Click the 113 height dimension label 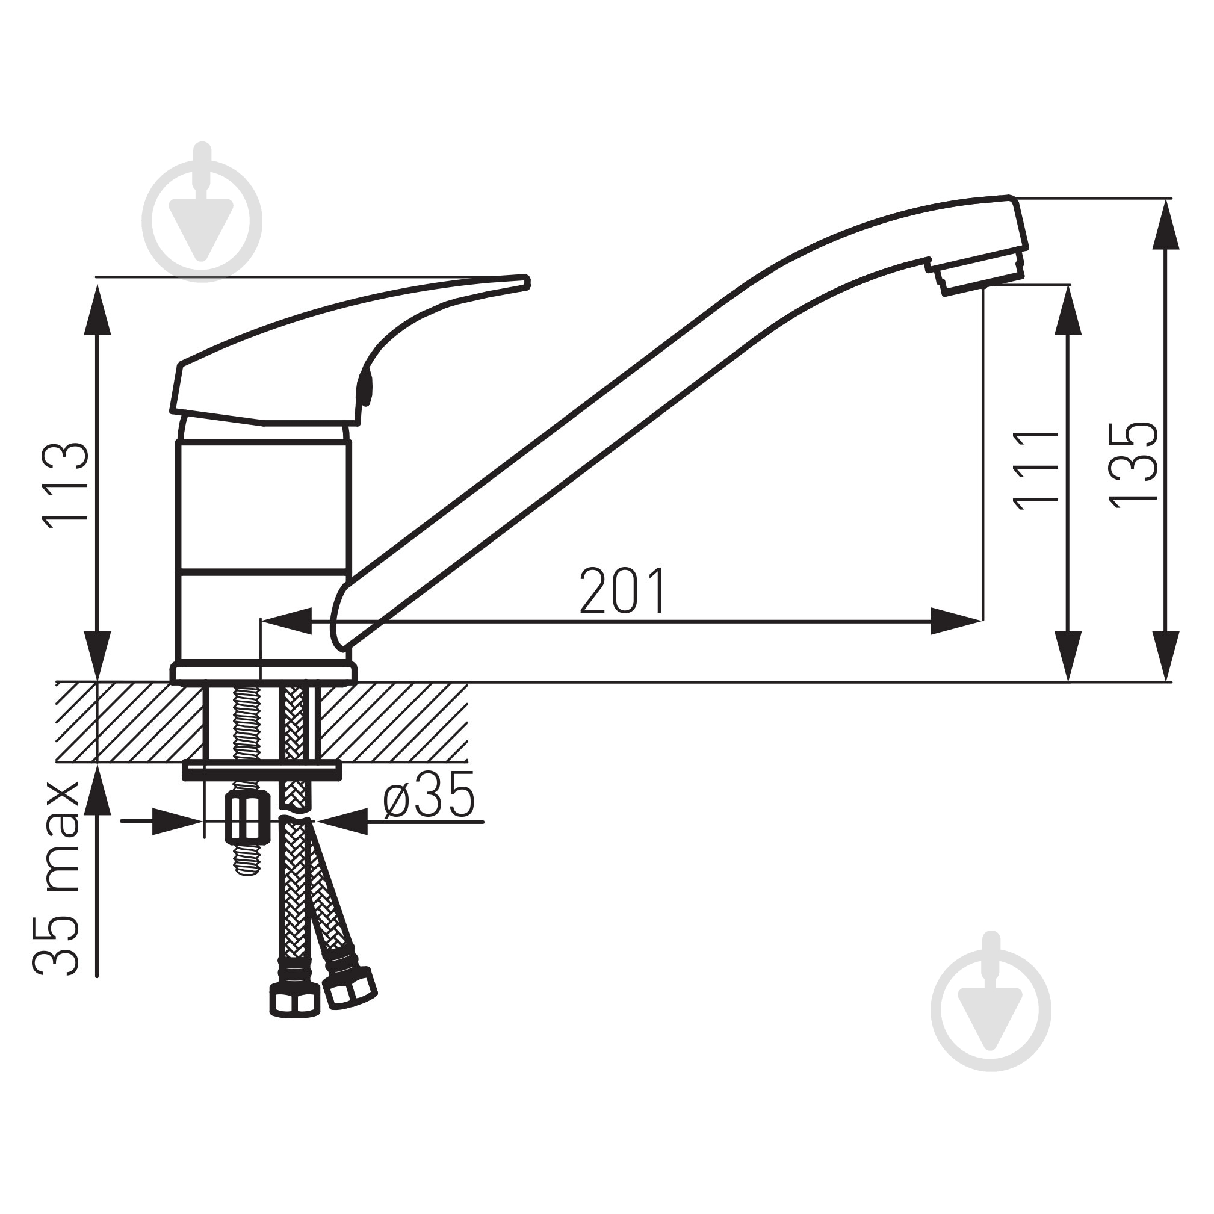[66, 482]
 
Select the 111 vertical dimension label [1036, 470]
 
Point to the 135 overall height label [1132, 465]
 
